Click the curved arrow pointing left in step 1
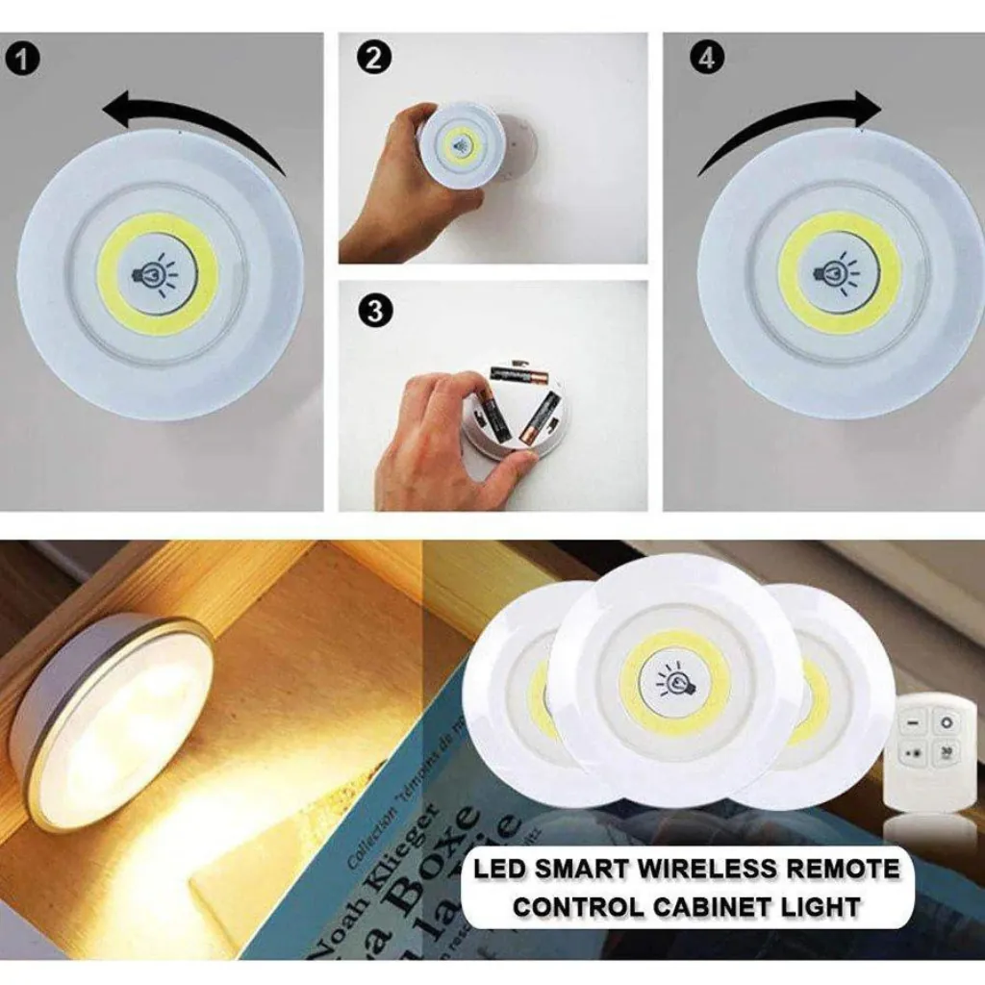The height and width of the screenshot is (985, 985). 192,120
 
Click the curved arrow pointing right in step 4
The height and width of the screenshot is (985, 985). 789,125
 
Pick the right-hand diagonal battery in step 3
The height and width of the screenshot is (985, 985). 541,415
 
